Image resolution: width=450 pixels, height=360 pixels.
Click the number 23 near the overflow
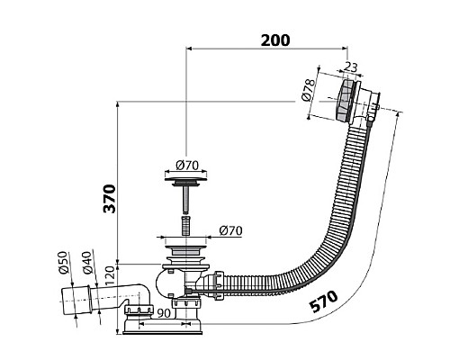point(351,67)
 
